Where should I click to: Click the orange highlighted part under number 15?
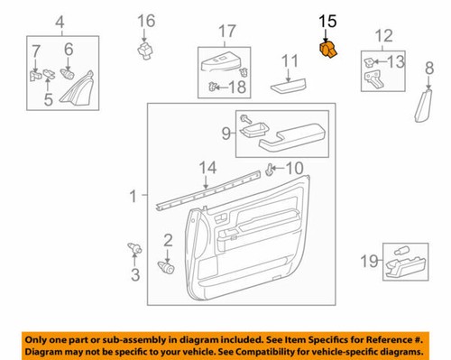tap(328, 51)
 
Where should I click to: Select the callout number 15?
tap(327, 20)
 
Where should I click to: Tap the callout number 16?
tap(145, 20)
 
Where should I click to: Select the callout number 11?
tap(288, 61)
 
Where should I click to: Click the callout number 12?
tap(385, 36)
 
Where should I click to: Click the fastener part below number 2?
tap(166, 266)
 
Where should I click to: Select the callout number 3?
tap(134, 274)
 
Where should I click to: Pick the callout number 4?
tap(60, 22)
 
